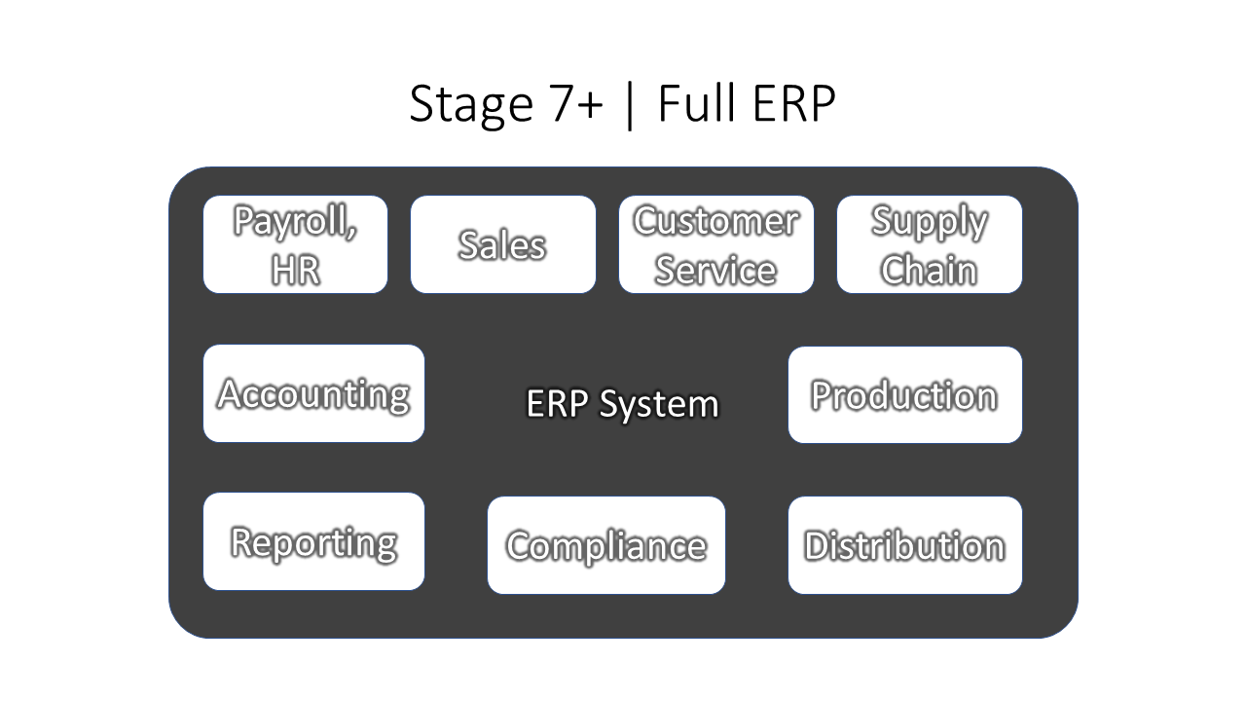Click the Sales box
pos(503,244)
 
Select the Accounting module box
pos(313,393)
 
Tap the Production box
pos(905,395)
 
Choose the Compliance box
pos(606,545)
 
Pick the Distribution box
pos(905,545)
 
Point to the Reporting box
pos(313,541)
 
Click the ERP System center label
pos(622,404)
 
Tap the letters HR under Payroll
pos(295,270)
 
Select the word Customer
pos(715,221)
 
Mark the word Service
pos(715,270)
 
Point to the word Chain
pos(929,270)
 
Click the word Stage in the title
pos(472,104)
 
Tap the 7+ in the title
pos(577,103)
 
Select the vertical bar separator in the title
pos(630,106)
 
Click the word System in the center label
pos(659,406)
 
